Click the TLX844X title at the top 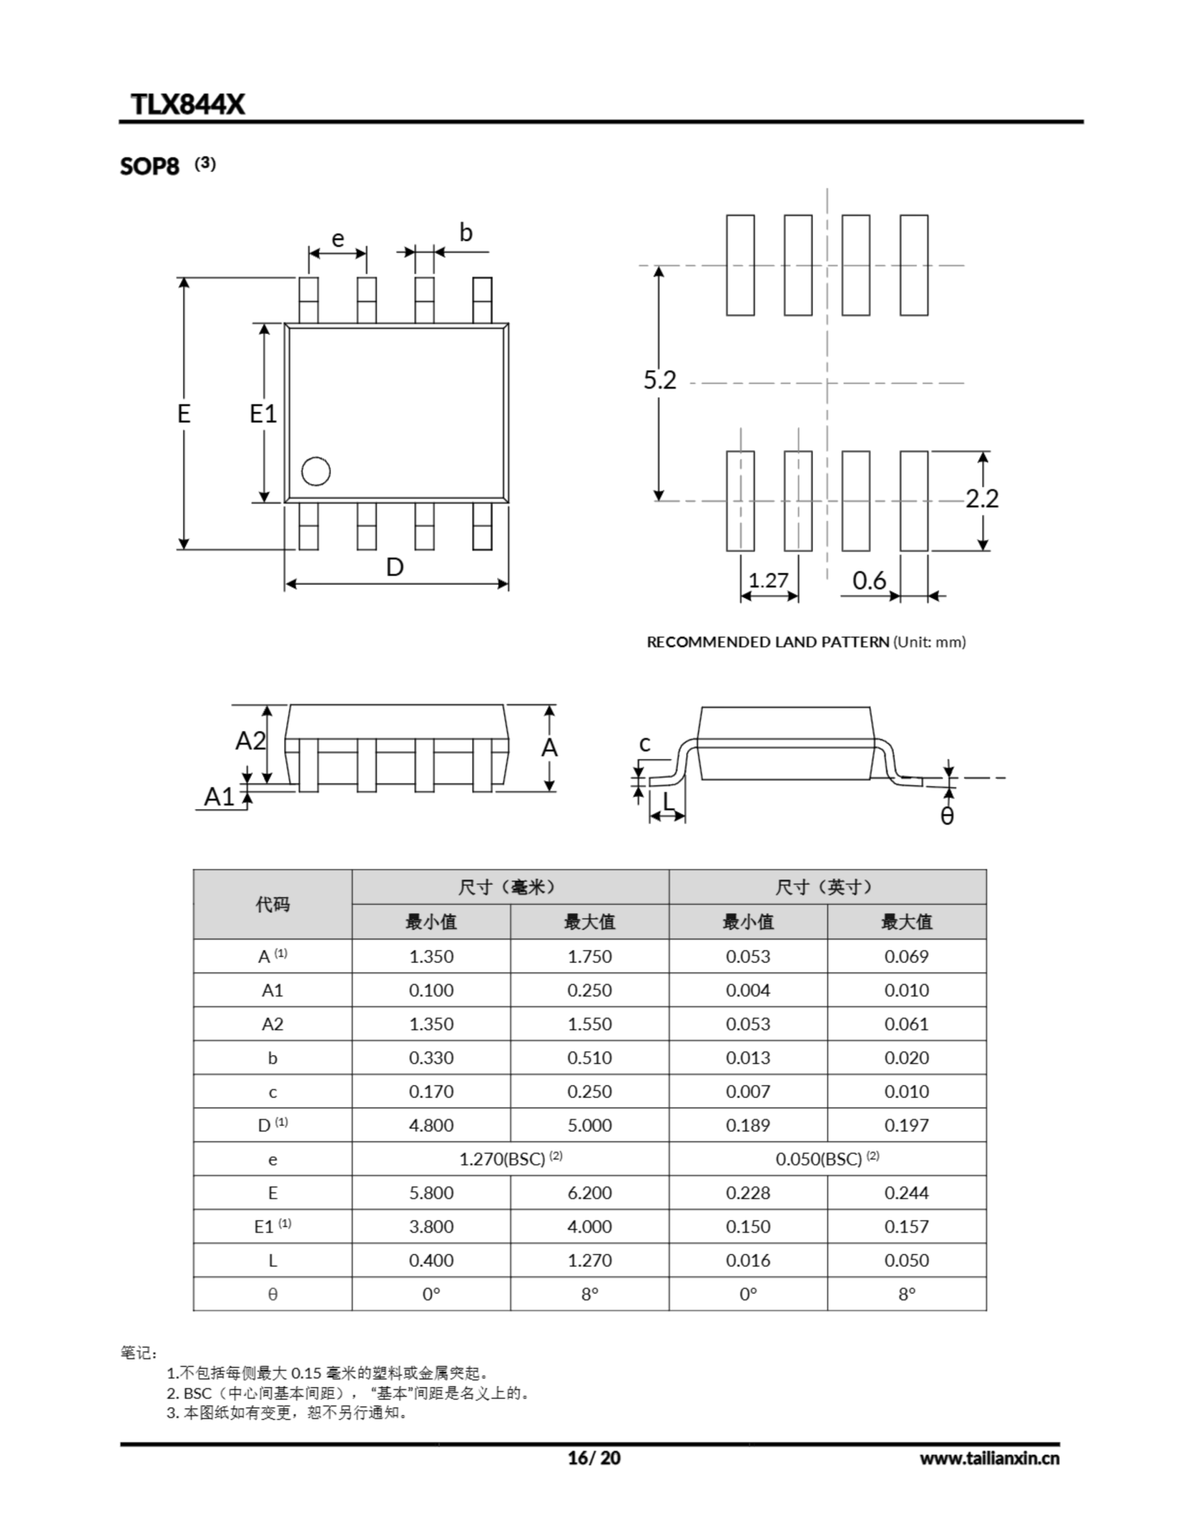tap(187, 104)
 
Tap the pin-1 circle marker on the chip tap(316, 472)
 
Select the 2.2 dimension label tap(982, 499)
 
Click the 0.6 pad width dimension tap(869, 580)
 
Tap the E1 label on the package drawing tap(263, 414)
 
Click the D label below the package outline tap(395, 566)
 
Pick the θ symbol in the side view tap(947, 816)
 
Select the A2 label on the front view tap(251, 740)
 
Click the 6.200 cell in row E tap(589, 1193)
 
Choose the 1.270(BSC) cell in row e tap(510, 1159)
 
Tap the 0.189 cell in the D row tap(747, 1125)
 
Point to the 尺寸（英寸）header tap(827, 887)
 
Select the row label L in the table tap(272, 1261)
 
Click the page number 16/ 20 tap(594, 1458)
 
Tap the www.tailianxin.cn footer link tap(989, 1458)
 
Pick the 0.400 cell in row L tap(431, 1261)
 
